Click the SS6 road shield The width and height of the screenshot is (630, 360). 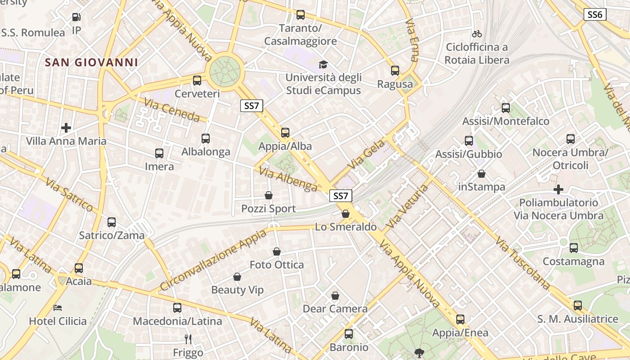tap(595, 14)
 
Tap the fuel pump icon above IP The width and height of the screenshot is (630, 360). tap(76, 18)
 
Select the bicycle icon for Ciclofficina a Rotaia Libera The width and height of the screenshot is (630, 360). tap(477, 34)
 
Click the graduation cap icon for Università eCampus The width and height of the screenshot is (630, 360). tap(323, 65)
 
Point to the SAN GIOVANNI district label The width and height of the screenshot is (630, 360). tap(91, 63)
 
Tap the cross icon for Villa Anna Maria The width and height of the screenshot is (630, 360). tap(66, 128)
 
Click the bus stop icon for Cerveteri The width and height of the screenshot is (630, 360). tap(197, 81)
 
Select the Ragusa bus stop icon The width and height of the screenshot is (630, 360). tap(395, 71)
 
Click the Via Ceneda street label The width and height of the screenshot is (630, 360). tap(172, 110)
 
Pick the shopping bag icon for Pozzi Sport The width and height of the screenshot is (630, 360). tap(269, 195)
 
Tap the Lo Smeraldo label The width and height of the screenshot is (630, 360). tap(346, 227)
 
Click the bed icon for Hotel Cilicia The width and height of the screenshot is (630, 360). tap(58, 308)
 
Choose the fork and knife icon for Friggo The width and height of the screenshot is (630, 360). tap(189, 339)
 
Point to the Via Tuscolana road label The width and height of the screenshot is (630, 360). tap(523, 263)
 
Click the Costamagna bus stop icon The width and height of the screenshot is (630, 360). tap(574, 247)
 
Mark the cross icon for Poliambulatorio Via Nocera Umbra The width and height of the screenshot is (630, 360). tap(558, 189)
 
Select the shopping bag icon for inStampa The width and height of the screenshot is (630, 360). tap(481, 174)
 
